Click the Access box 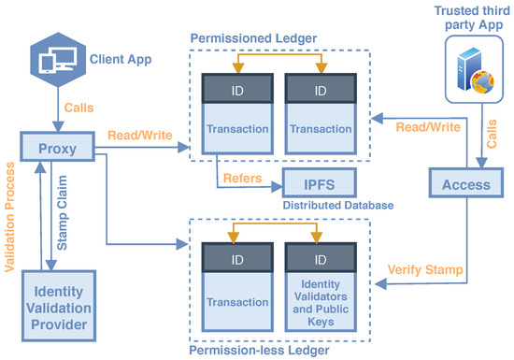(465, 185)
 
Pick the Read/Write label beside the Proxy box (138, 135)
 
